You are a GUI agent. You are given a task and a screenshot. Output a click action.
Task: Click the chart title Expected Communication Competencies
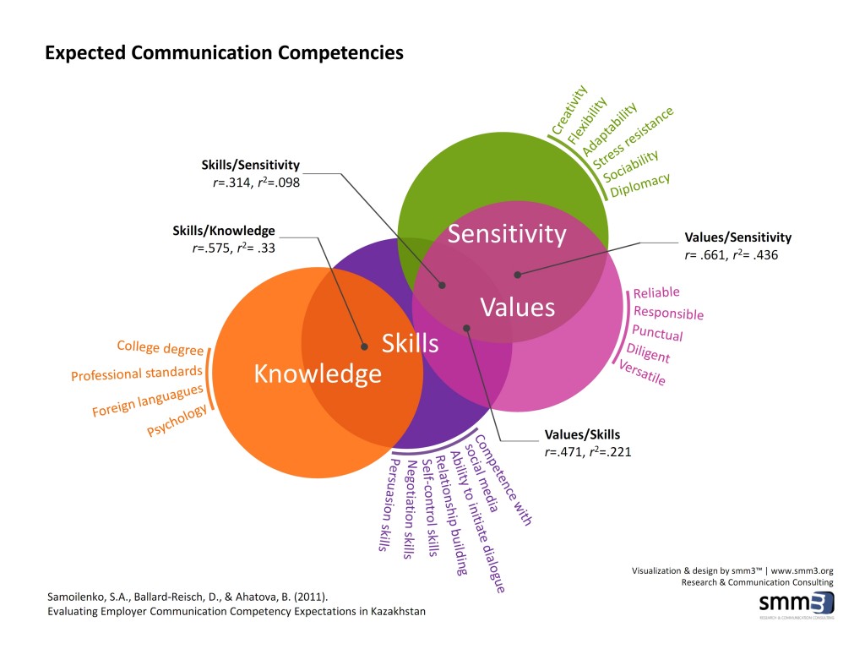(x=224, y=53)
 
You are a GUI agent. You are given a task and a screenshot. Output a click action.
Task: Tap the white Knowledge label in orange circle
(x=318, y=373)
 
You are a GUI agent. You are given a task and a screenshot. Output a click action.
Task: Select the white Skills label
(x=411, y=342)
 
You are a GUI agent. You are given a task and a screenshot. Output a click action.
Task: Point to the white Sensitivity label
(x=507, y=233)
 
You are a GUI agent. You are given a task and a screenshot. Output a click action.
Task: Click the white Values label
(x=518, y=307)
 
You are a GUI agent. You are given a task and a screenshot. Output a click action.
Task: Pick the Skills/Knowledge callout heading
(x=224, y=231)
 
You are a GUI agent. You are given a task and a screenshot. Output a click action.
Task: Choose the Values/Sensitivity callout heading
(x=738, y=237)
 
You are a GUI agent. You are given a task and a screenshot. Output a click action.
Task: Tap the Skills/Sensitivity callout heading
(x=251, y=165)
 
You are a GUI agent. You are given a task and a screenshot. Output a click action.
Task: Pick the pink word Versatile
(x=642, y=373)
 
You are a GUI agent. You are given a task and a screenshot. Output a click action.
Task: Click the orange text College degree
(x=160, y=346)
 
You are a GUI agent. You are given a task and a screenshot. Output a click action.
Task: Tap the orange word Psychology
(x=177, y=420)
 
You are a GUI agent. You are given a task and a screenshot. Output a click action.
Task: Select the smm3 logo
(x=797, y=604)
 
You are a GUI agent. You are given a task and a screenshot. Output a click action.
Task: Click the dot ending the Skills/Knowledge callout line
(x=364, y=346)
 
